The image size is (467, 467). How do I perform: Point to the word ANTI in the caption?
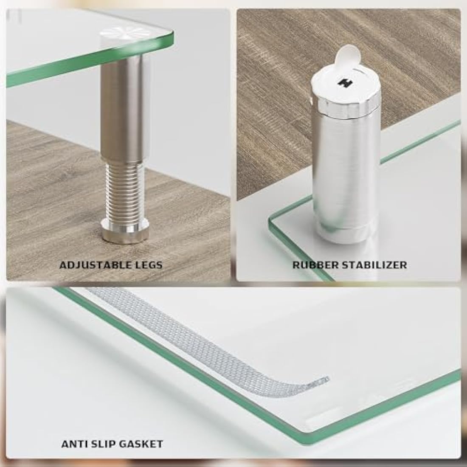point(72,444)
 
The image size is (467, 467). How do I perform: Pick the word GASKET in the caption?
point(142,444)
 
